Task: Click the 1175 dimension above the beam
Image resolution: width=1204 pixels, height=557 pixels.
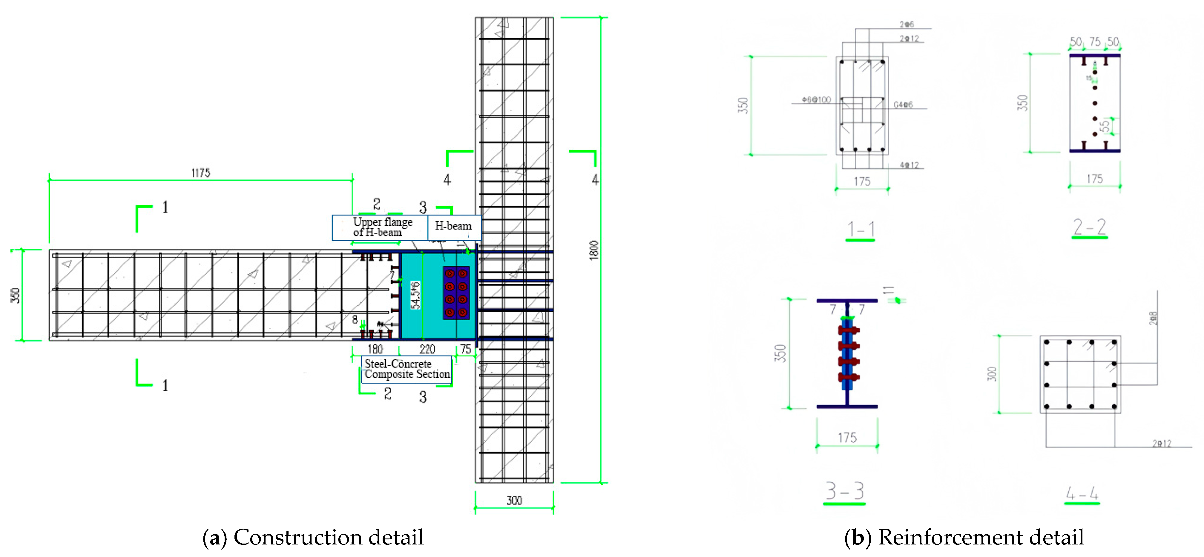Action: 200,173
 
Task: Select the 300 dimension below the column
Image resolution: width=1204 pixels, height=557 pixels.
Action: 514,501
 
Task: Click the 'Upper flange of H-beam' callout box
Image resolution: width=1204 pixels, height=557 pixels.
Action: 380,227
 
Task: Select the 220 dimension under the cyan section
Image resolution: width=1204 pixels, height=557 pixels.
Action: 427,349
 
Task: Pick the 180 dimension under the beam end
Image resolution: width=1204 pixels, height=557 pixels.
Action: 375,349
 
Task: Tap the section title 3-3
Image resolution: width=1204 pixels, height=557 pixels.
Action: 844,491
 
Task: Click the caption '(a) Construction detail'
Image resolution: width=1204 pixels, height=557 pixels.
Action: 313,537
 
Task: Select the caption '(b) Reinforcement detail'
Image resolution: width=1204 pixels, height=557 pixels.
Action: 964,537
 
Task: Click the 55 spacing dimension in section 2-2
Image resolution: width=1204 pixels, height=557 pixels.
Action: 1104,126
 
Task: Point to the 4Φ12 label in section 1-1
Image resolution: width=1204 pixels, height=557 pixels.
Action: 909,165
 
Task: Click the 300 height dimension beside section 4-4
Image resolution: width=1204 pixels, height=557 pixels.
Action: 991,374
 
